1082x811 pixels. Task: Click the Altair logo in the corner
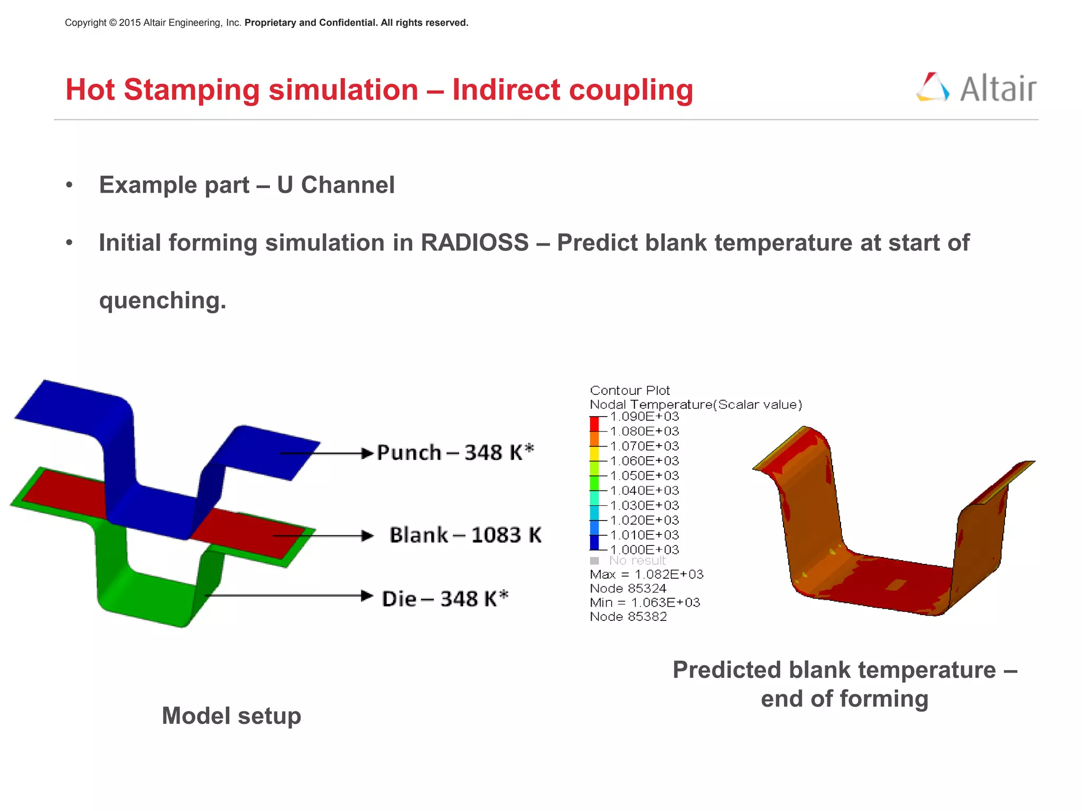pos(976,88)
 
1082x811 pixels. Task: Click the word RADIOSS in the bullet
pos(474,243)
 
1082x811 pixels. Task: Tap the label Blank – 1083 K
pos(465,535)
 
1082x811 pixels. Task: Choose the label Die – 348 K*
pos(445,599)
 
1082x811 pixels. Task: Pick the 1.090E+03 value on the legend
pos(644,417)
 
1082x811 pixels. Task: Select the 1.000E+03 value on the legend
pos(644,550)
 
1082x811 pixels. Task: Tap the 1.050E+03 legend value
pos(644,476)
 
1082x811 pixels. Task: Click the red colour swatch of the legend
pos(594,424)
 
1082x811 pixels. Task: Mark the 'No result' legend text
pos(637,561)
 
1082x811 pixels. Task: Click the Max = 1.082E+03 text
pos(647,574)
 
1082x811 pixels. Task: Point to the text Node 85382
pos(628,617)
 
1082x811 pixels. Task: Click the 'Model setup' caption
pos(231,716)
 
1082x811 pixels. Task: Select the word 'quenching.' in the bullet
pos(163,300)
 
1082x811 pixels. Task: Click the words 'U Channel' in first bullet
pos(335,185)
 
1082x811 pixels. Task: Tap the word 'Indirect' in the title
pos(506,90)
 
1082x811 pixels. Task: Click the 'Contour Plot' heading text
pos(630,391)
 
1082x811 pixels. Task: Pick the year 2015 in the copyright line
pos(129,23)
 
